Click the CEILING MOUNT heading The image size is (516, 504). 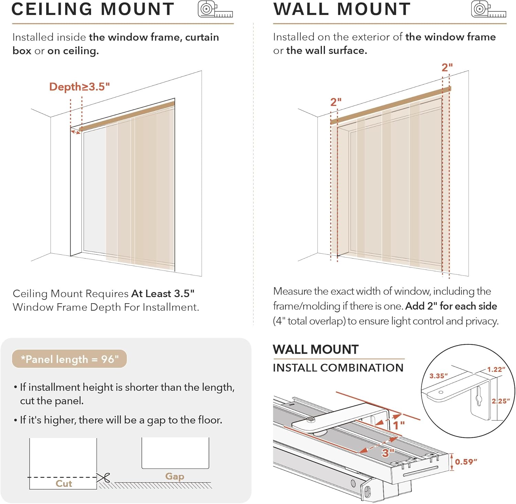tap(93, 9)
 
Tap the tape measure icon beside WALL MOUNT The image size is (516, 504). tap(488, 9)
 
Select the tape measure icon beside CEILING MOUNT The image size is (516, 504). tap(215, 9)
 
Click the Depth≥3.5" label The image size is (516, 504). tap(79, 87)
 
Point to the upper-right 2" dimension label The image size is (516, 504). tap(447, 67)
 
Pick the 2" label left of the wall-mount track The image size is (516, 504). tap(336, 102)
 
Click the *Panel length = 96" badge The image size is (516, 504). tap(69, 359)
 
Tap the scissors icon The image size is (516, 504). tap(103, 478)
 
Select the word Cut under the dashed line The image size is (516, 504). tap(64, 483)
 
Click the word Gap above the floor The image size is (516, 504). tap(175, 476)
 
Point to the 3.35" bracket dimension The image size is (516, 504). tap(439, 376)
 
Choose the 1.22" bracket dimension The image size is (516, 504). tap(496, 370)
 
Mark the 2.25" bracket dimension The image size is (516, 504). tap(501, 401)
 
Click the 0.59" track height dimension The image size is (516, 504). tap(466, 462)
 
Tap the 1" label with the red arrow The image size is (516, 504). tap(399, 425)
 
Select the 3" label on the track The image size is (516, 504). tap(388, 452)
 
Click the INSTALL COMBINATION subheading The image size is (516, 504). tap(338, 368)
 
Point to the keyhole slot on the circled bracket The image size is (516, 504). tap(479, 399)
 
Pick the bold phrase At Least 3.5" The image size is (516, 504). tap(163, 294)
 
